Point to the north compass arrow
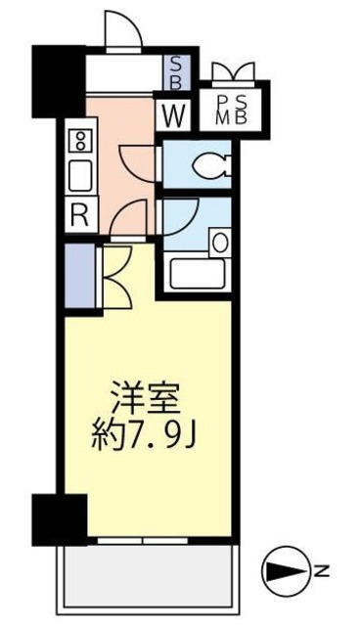click(283, 568)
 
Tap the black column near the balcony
click(58, 518)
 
